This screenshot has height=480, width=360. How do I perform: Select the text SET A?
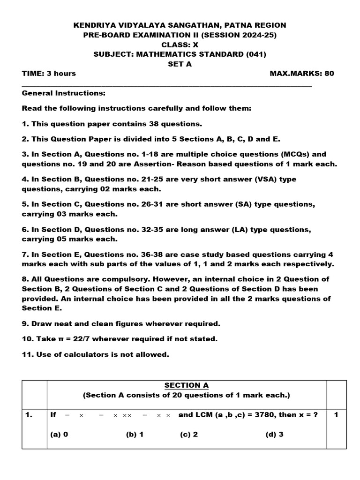(x=180, y=64)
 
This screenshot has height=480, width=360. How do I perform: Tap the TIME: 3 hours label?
(x=49, y=74)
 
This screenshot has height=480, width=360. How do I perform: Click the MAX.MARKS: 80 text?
(x=302, y=74)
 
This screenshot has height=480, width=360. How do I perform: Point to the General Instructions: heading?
(x=64, y=93)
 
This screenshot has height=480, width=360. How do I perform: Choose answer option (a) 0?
(x=59, y=434)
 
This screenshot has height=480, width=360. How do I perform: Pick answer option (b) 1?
(x=135, y=434)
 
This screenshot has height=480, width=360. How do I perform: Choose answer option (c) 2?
(x=189, y=434)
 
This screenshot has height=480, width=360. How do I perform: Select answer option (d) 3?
(x=274, y=434)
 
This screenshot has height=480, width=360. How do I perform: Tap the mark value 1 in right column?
(x=336, y=415)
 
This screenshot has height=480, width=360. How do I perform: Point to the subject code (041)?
(x=256, y=54)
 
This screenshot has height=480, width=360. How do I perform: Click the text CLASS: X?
(x=180, y=45)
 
